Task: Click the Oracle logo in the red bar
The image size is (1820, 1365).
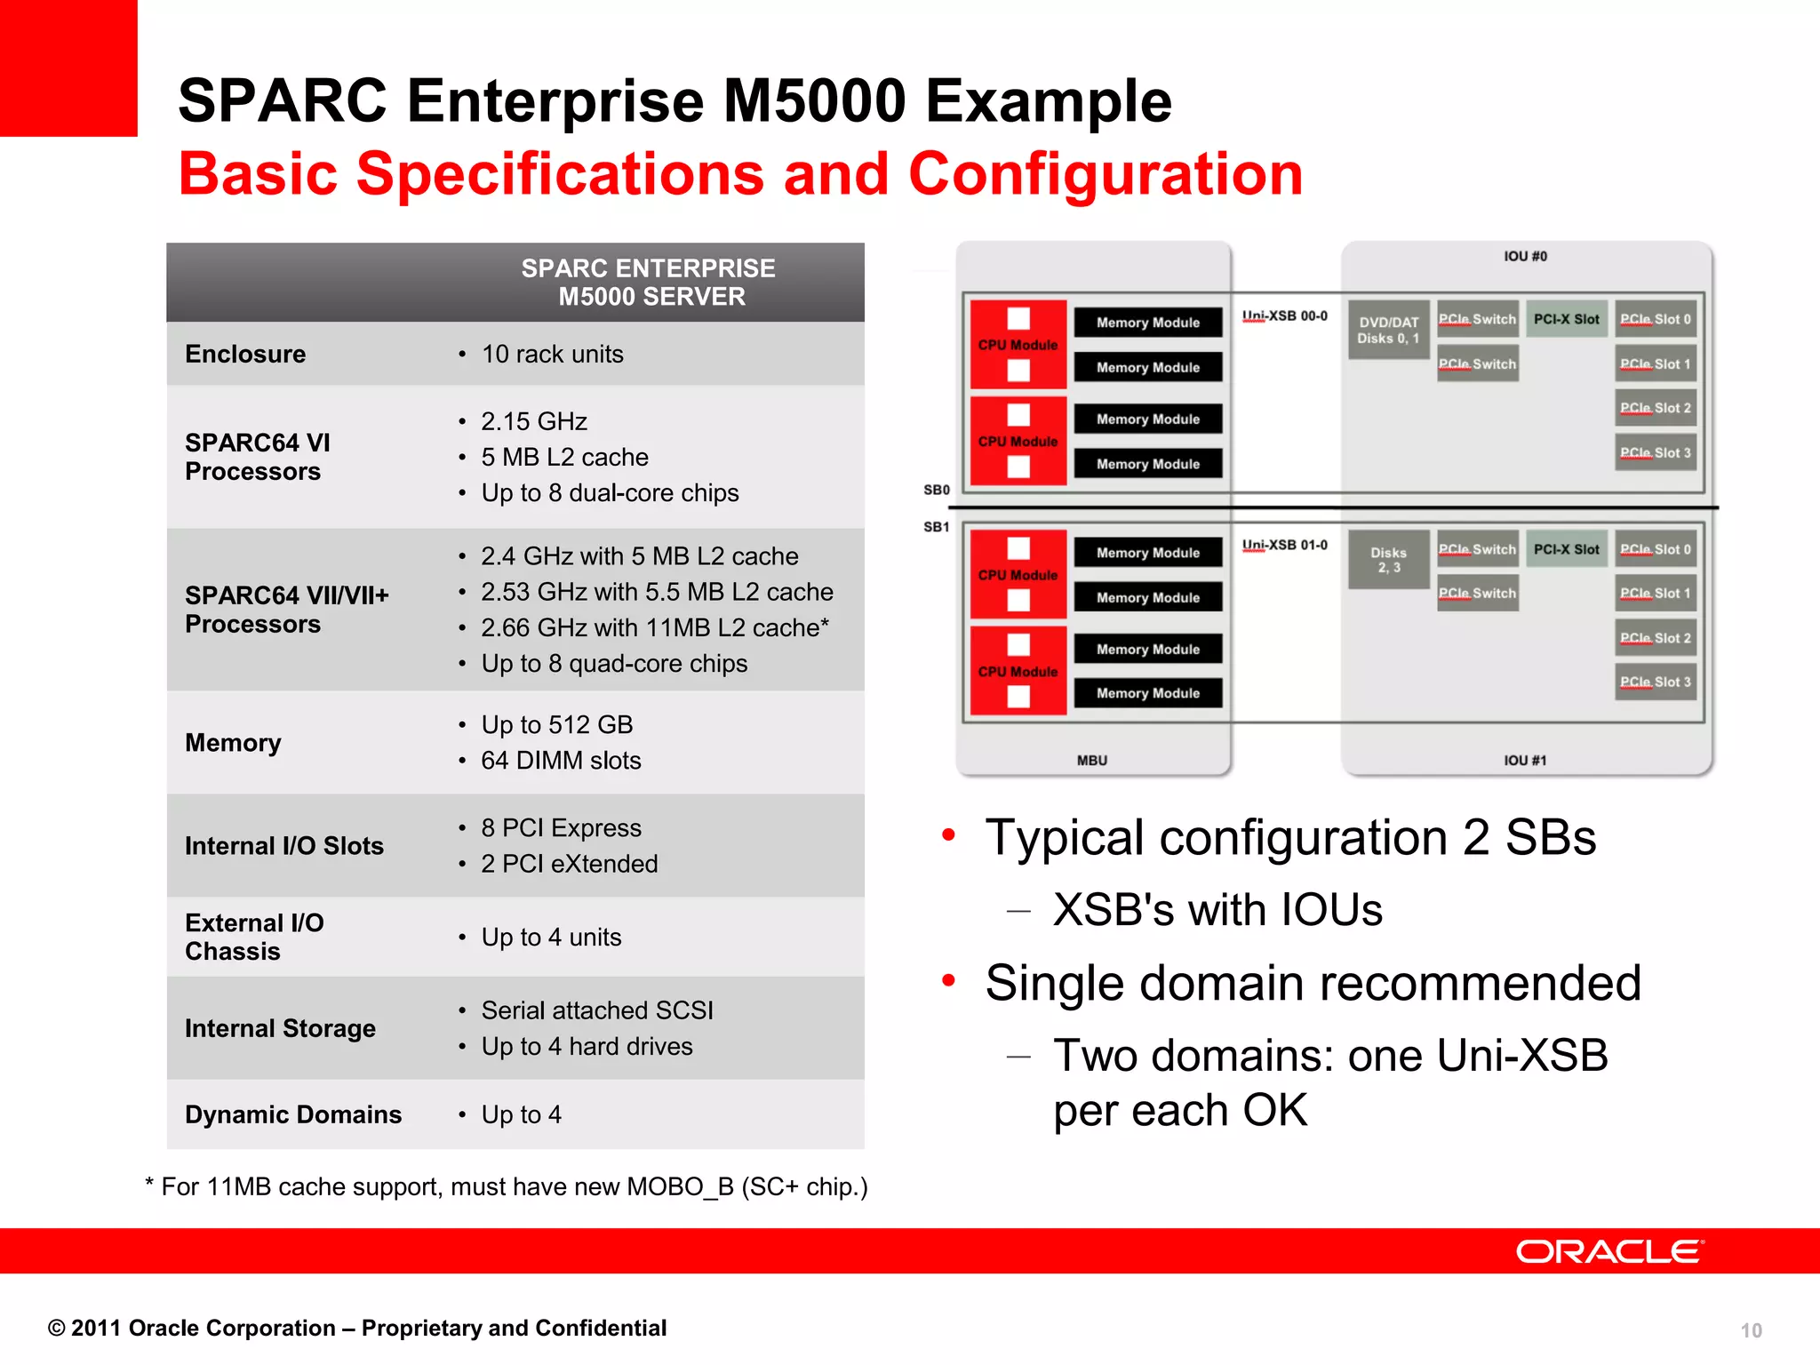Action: [1609, 1251]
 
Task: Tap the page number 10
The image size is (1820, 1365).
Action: [1751, 1330]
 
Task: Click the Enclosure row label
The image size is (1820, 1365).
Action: [245, 354]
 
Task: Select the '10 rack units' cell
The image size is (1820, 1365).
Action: [552, 354]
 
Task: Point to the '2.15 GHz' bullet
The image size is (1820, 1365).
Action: [533, 421]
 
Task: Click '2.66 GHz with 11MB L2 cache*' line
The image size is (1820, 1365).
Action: [654, 627]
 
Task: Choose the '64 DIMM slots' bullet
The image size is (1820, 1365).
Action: [560, 761]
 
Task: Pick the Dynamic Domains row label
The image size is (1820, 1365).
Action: [293, 1114]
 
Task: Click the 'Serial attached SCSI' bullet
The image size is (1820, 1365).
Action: [596, 1010]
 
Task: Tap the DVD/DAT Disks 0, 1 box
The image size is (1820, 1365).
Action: [1388, 331]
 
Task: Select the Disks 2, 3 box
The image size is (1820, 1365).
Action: [1388, 560]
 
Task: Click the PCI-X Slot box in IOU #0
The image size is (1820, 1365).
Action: [1566, 319]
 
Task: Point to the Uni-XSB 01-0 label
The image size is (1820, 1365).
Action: [1285, 545]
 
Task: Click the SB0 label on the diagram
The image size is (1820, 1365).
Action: [937, 490]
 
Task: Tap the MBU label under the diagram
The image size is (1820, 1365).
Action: [1092, 761]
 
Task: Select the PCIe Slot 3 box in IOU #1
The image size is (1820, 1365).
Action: [1655, 682]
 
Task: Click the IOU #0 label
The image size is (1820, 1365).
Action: [1525, 256]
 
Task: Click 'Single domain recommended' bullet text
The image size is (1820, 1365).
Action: [1313, 983]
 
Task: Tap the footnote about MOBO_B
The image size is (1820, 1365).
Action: [507, 1187]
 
